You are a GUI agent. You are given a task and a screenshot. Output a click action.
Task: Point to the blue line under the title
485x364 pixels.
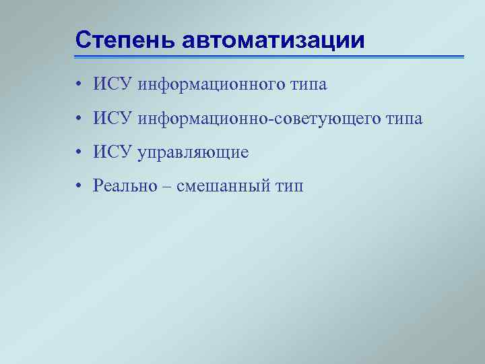pyautogui.click(x=269, y=57)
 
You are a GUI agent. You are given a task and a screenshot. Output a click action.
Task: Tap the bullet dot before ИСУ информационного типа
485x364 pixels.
pyautogui.click(x=79, y=85)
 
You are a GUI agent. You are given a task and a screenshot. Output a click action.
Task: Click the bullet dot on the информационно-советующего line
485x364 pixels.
pyautogui.click(x=79, y=119)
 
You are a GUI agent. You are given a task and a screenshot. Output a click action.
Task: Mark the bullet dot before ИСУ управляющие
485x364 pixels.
pyautogui.click(x=79, y=153)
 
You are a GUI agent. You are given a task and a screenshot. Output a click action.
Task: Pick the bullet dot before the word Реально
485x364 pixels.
pyautogui.click(x=79, y=187)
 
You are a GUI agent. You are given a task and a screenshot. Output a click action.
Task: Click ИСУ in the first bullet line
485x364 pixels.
pyautogui.click(x=113, y=84)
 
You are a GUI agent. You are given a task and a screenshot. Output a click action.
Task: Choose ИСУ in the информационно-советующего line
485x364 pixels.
pyautogui.click(x=113, y=119)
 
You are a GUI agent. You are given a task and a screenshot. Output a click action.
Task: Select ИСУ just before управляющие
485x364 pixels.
pyautogui.click(x=113, y=152)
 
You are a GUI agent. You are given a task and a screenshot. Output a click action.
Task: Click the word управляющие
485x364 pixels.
pyautogui.click(x=193, y=154)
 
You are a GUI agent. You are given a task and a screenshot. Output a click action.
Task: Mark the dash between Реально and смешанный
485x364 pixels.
pyautogui.click(x=168, y=187)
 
